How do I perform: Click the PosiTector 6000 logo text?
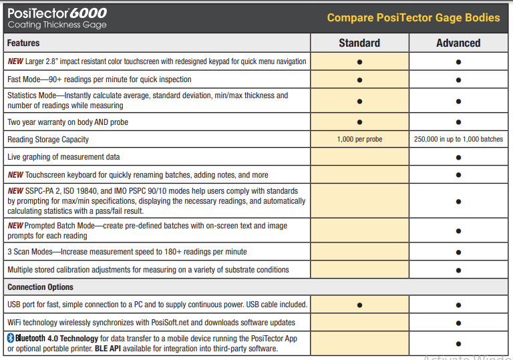tap(57, 13)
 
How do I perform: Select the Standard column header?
tap(359, 43)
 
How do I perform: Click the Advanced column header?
tap(458, 43)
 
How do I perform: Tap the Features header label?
tap(23, 43)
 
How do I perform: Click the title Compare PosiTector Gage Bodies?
tap(413, 17)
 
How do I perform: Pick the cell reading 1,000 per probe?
tap(359, 140)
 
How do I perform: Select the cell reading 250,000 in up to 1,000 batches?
tap(458, 140)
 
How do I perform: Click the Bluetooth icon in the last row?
tap(11, 338)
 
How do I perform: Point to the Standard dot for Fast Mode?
tap(359, 79)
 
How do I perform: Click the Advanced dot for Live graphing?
tap(458, 157)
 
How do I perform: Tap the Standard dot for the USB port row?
tap(359, 305)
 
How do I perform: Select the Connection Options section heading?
tap(40, 287)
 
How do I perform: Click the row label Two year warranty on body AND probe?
tap(67, 122)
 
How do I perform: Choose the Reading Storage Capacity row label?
tap(48, 140)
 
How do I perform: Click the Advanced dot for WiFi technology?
tap(458, 322)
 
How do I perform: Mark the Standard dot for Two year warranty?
tap(359, 122)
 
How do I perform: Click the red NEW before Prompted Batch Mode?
tap(15, 226)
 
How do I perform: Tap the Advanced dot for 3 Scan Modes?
tap(458, 252)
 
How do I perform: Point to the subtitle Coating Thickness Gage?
tap(57, 25)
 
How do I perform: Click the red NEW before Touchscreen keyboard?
tap(15, 175)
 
